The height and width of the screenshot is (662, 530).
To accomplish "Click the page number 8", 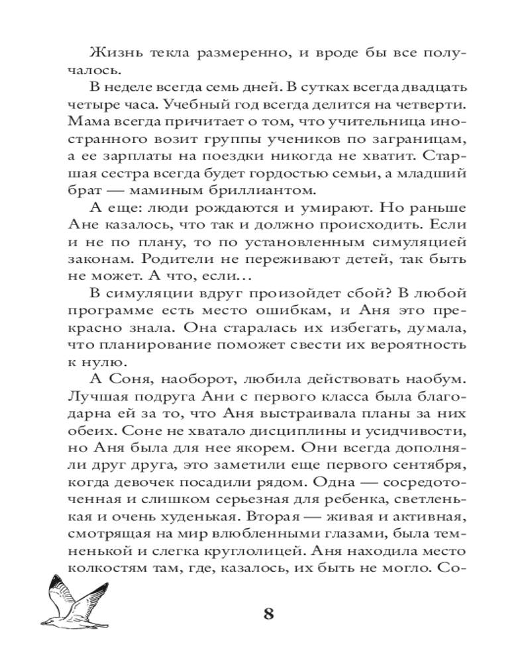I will point(268,613).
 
